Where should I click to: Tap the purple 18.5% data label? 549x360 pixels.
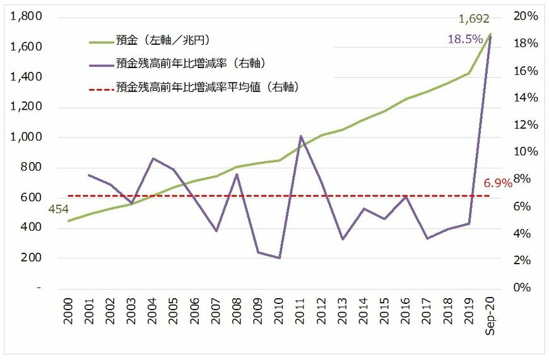[464, 39]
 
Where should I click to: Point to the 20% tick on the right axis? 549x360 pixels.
[523, 16]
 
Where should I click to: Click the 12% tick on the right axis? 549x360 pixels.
[523, 125]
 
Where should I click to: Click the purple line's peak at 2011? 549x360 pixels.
[300, 136]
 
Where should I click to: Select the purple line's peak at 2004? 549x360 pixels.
[153, 158]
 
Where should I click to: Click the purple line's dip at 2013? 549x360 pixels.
[343, 239]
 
